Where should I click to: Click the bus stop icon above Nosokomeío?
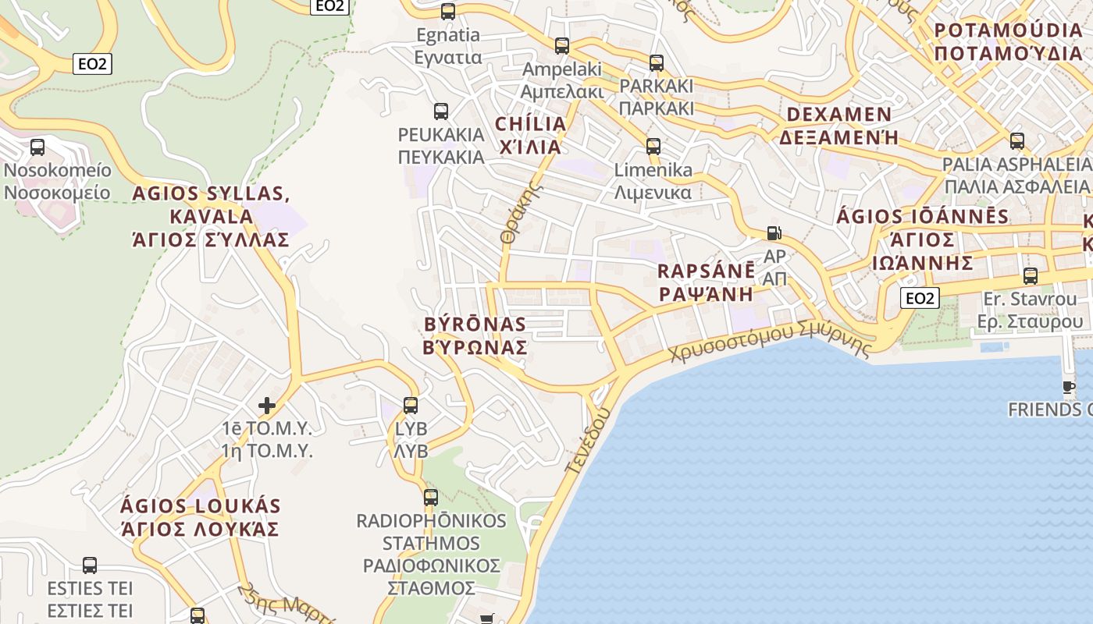click(x=37, y=147)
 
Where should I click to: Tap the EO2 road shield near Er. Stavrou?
click(x=919, y=298)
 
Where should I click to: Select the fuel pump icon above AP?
click(x=774, y=233)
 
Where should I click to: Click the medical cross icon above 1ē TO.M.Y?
click(x=267, y=406)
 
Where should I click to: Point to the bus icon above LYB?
click(x=411, y=406)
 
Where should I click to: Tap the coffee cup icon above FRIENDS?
click(x=1069, y=387)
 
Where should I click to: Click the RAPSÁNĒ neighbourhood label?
click(x=707, y=282)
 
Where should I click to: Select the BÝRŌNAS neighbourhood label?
click(x=475, y=335)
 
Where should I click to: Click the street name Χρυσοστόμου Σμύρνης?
click(x=769, y=342)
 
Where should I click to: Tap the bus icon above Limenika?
click(x=653, y=146)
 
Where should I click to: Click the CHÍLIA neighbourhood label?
click(x=531, y=135)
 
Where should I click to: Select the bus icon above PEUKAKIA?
click(x=441, y=111)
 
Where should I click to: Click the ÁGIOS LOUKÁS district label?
click(x=200, y=517)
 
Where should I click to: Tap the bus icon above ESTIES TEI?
click(x=90, y=565)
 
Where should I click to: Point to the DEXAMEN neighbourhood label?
click(x=838, y=126)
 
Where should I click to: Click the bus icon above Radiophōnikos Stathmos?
click(x=431, y=497)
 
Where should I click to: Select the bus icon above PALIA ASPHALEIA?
click(x=1016, y=141)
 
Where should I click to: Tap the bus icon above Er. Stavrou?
click(x=1031, y=275)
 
